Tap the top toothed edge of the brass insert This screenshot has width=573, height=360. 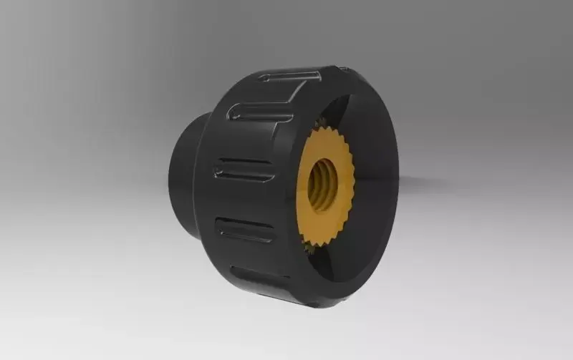(331, 130)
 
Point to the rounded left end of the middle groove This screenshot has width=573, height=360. (218, 170)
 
